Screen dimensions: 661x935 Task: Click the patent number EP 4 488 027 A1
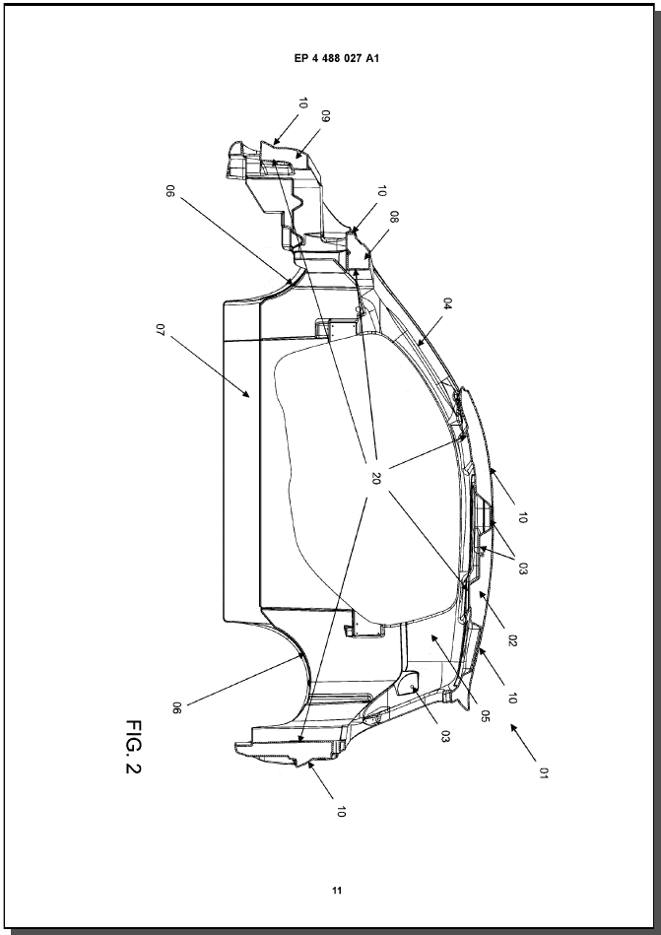(337, 58)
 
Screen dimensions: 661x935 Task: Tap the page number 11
(337, 891)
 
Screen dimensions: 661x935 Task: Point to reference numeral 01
(542, 772)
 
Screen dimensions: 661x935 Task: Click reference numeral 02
(513, 640)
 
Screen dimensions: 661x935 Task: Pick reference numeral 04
(447, 304)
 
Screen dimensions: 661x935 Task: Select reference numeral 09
(325, 117)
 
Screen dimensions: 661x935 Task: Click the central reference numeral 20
(375, 478)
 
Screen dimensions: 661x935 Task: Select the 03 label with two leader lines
(523, 568)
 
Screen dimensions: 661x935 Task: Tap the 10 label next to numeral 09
(302, 102)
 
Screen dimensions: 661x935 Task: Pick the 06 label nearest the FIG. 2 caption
(176, 707)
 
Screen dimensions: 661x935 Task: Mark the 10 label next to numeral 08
(381, 191)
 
